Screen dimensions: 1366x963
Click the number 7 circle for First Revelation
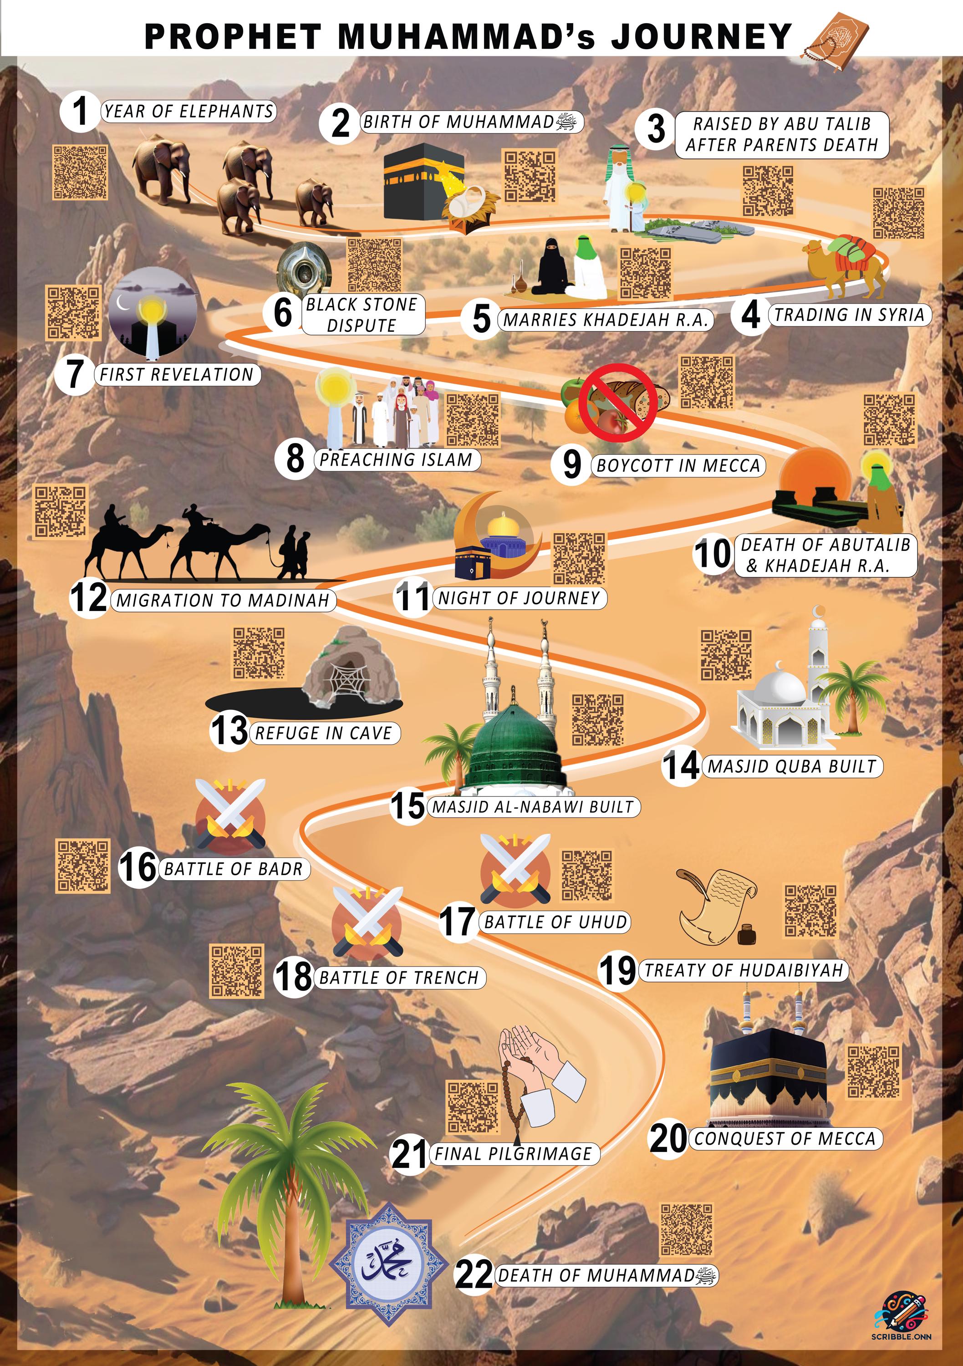coord(74,374)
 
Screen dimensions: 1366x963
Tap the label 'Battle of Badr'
coord(233,869)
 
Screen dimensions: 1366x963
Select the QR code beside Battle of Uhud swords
coord(587,875)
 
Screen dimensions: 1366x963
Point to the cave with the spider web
coord(350,672)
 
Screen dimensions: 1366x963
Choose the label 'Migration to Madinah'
coord(223,600)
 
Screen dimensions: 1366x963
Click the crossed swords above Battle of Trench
coord(367,921)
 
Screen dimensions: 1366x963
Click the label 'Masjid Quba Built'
coord(792,766)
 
